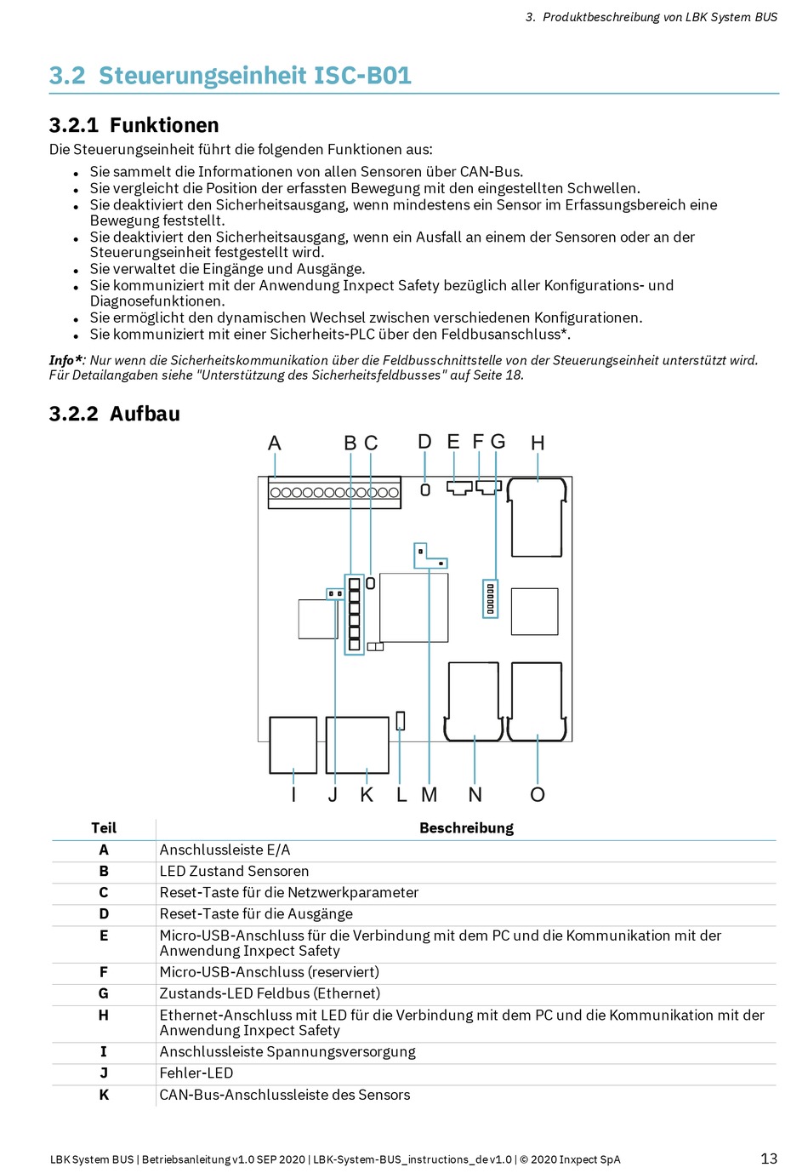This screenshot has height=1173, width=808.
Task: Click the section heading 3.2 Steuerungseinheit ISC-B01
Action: (x=230, y=76)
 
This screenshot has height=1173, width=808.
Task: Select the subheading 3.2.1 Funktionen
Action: (x=134, y=125)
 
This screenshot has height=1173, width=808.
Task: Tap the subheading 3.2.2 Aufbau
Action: (x=115, y=414)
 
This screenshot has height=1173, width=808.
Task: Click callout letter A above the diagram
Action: (x=274, y=443)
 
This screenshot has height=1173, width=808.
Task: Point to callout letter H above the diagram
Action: (x=538, y=443)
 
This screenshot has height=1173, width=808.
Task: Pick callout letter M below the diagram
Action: (x=430, y=795)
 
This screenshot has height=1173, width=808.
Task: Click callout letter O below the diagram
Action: (x=538, y=795)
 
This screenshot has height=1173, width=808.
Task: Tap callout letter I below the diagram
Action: (x=293, y=795)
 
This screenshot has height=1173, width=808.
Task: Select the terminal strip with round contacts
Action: (x=334, y=492)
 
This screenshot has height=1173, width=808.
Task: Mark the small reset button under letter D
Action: (x=425, y=489)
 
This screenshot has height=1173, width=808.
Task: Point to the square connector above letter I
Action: (x=293, y=745)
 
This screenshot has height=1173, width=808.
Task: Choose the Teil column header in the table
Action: (x=104, y=828)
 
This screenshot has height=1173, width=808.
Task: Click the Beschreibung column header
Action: (x=466, y=828)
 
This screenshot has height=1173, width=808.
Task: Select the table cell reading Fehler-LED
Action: (x=196, y=1073)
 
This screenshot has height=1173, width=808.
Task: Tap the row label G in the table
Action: (x=104, y=993)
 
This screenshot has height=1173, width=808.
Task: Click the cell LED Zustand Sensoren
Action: (x=235, y=871)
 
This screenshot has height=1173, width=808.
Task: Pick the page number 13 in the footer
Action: (x=769, y=1159)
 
